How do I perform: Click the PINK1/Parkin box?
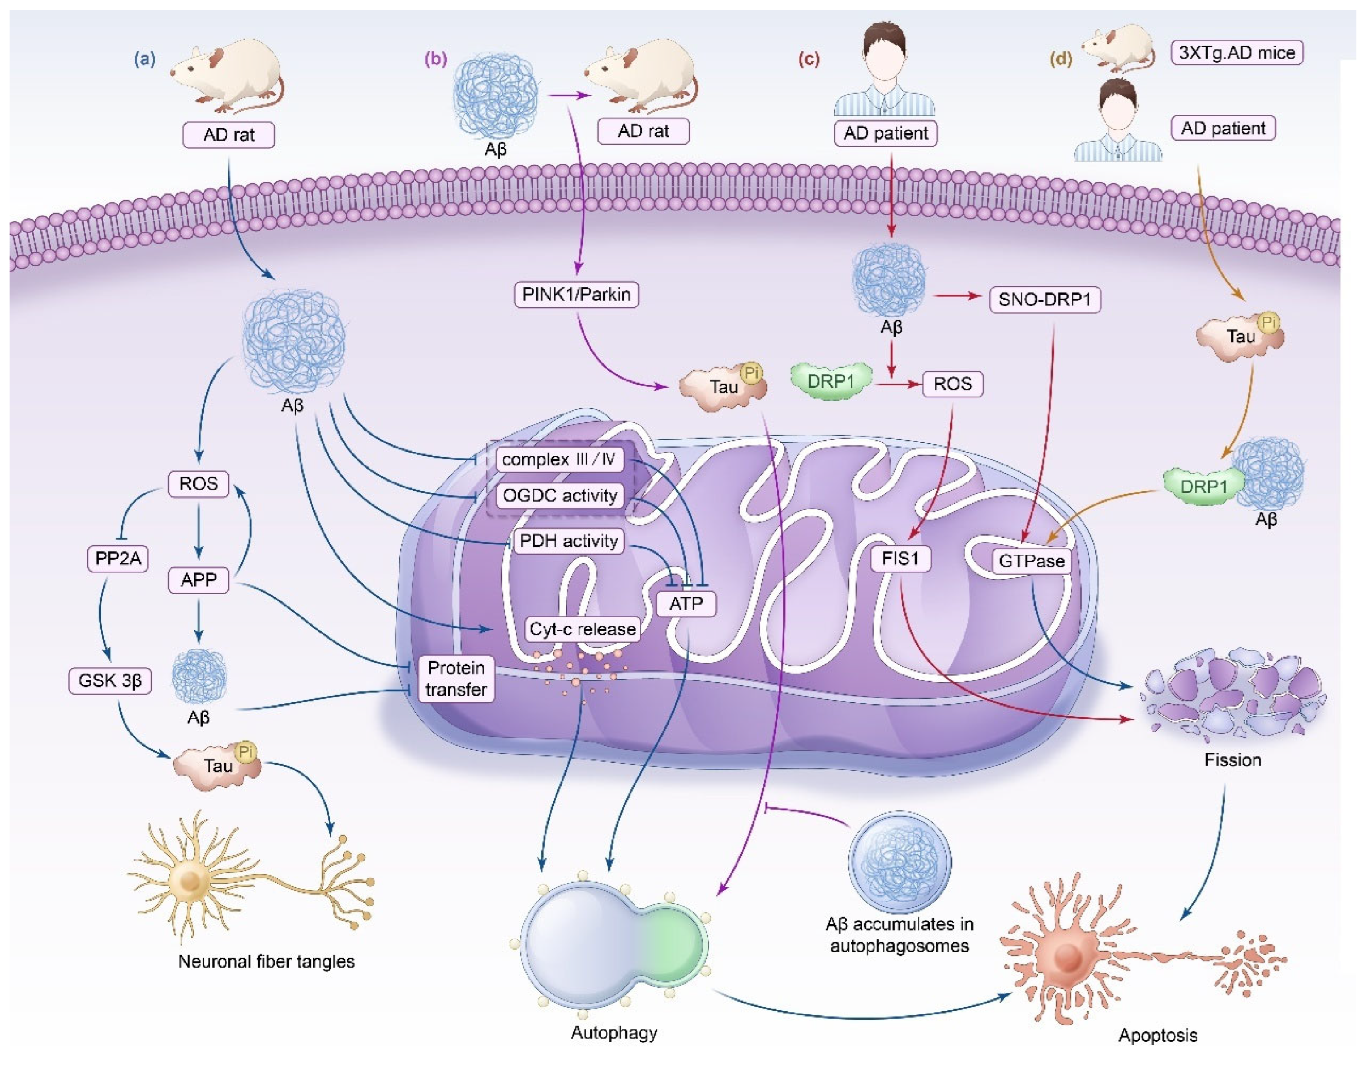[576, 294]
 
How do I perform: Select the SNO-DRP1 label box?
[1044, 300]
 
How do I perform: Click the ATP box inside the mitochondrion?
[686, 604]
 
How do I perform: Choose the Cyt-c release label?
[582, 629]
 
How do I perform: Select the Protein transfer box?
[456, 679]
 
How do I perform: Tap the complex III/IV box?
[559, 459]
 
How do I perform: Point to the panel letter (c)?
[809, 59]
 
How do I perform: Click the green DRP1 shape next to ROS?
[831, 380]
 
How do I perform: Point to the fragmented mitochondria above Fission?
[1232, 695]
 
